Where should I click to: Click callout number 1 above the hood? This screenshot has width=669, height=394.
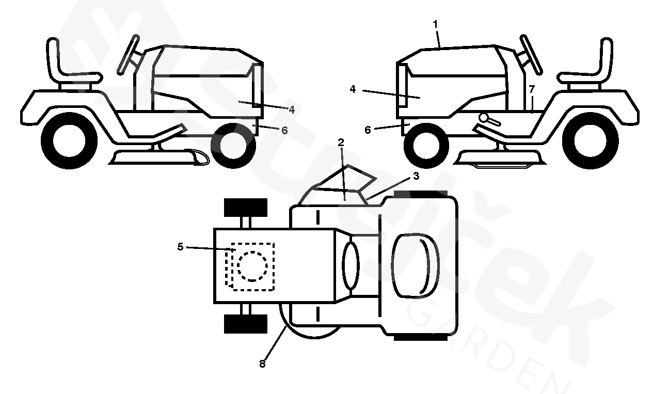pos(435,24)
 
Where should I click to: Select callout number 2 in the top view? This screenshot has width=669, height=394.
pos(341,142)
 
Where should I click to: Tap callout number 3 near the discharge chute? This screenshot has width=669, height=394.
pos(416,176)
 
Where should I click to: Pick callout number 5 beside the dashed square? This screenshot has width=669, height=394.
pos(180,247)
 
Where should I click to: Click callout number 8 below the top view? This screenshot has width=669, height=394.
pos(262,364)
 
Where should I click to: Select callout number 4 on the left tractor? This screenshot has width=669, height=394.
pos(292,109)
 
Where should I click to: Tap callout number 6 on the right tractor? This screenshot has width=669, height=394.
pos(368,130)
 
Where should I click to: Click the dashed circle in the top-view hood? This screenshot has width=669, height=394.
pos(252,266)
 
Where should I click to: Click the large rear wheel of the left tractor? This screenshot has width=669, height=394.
pos(69,139)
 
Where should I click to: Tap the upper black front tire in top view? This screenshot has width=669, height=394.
pos(246,207)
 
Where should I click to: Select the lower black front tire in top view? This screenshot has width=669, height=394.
pos(246,324)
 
